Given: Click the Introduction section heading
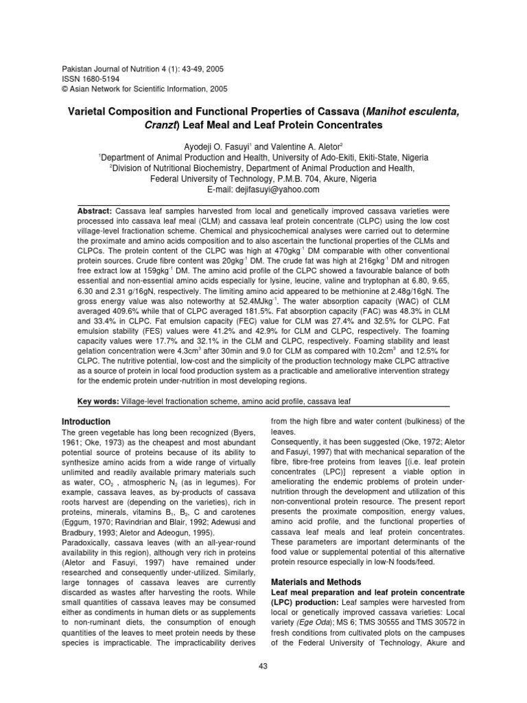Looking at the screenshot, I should click(87, 421).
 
